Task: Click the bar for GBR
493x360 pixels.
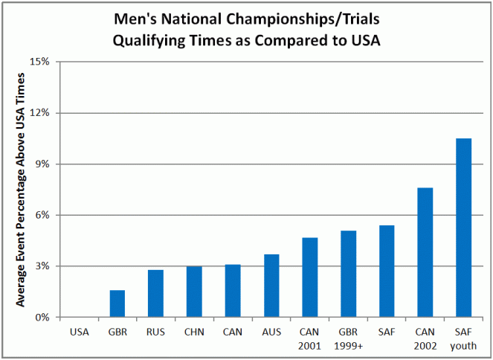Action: pos(117,303)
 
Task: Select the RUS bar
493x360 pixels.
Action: pos(155,294)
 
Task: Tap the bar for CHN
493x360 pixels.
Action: pos(194,292)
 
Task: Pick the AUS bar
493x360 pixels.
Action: pos(271,286)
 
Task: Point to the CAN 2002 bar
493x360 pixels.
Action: pos(425,253)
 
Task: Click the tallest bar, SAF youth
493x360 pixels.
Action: pos(463,228)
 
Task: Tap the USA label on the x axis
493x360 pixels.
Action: pos(79,332)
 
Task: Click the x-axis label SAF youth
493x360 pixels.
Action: pos(463,338)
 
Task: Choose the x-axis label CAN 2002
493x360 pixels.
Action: pos(425,338)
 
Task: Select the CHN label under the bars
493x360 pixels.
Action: pos(194,332)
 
